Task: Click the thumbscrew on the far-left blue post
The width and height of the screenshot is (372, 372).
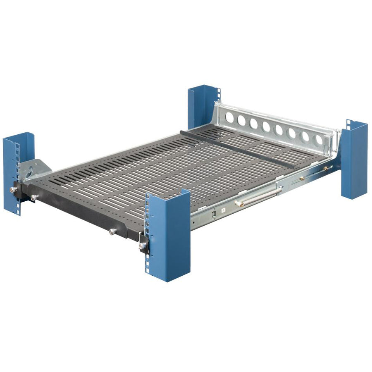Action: click(13, 190)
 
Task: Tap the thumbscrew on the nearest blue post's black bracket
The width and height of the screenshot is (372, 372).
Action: click(143, 246)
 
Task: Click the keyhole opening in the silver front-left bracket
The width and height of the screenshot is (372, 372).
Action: click(30, 170)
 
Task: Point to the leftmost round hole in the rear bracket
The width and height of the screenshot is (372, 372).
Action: click(230, 118)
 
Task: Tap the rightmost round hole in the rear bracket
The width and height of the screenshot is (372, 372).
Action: click(319, 140)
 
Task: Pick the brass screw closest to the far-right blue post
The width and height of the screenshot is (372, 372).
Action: click(325, 169)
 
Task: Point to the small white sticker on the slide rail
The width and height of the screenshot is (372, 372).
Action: click(223, 210)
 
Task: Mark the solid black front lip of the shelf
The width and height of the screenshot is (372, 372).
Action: click(83, 215)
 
